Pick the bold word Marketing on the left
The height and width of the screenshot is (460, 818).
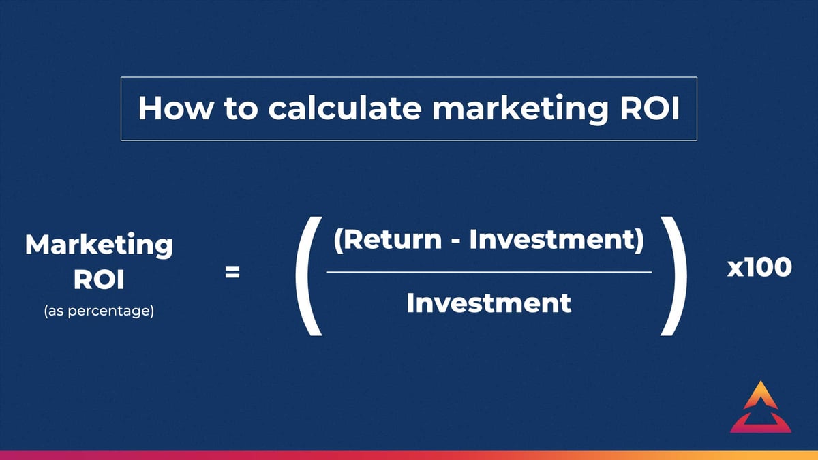99,245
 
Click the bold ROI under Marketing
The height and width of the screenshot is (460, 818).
99,280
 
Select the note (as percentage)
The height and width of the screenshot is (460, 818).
99,313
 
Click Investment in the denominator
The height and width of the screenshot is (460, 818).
489,303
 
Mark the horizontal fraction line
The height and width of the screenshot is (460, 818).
489,272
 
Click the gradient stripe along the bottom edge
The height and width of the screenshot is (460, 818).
409,455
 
